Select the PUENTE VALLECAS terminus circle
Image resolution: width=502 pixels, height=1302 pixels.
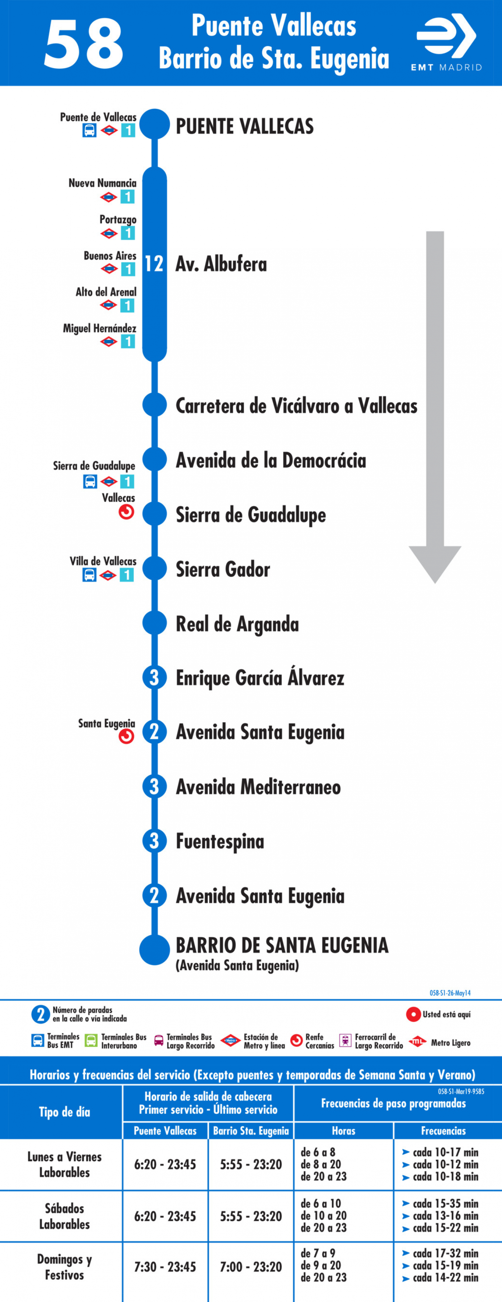[x=155, y=124]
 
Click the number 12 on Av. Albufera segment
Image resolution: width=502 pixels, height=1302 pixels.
[x=154, y=264]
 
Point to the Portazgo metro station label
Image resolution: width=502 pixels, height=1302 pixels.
[x=118, y=220]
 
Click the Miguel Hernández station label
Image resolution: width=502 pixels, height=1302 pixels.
[x=99, y=328]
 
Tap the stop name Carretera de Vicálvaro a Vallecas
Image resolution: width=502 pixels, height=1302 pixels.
[x=296, y=406]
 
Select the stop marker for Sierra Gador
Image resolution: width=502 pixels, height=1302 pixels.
[x=155, y=569]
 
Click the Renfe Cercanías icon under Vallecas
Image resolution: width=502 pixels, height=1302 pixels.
[x=126, y=513]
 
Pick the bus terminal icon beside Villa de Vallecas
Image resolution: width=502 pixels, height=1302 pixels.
[x=89, y=575]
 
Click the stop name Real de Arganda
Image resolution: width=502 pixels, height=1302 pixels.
[x=237, y=624]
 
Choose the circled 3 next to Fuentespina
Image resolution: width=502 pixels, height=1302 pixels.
[x=155, y=841]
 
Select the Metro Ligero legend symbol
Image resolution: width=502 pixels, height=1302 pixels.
[x=418, y=1042]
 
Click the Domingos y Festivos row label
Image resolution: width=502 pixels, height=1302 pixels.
[x=65, y=1267]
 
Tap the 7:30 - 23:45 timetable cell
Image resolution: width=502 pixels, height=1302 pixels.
[x=165, y=1267]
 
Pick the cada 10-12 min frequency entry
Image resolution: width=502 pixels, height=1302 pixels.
[x=440, y=1164]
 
